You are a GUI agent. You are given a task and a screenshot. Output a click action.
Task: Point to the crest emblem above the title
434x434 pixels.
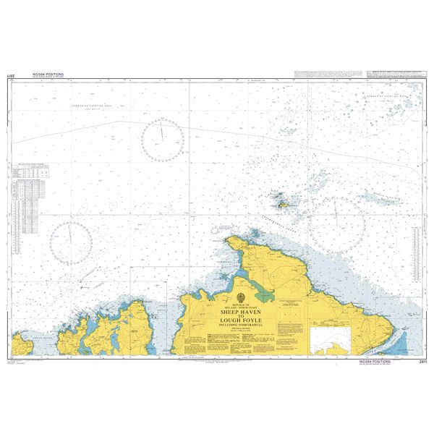[x=239, y=298]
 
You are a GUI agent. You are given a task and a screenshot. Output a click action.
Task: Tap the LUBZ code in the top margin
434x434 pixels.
[x=9, y=75]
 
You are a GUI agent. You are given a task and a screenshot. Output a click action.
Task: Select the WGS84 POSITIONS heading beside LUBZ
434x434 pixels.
[x=49, y=74]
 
